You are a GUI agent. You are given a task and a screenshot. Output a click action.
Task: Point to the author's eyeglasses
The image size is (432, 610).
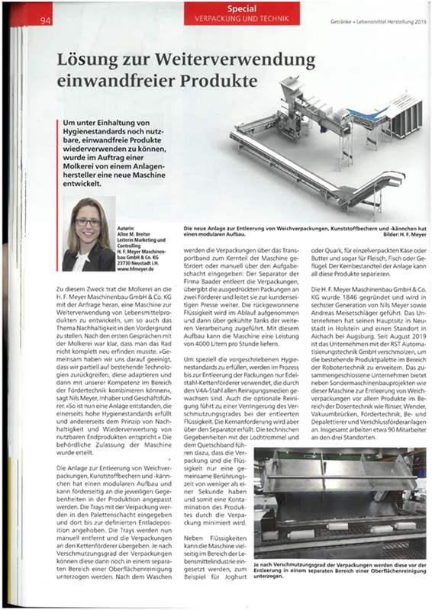89,222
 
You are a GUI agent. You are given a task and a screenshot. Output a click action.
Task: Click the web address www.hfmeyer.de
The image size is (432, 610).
140,259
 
